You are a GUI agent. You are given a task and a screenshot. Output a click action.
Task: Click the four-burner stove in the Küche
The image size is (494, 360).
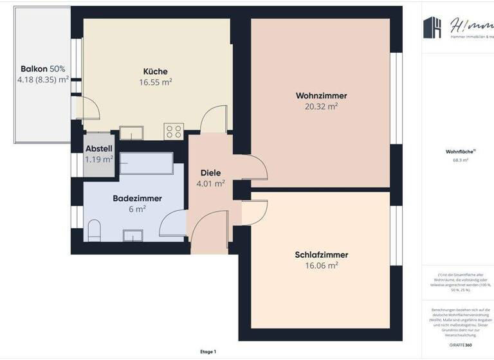(x=174, y=131)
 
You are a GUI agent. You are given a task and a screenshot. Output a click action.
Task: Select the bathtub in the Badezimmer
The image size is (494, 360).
(x=146, y=164)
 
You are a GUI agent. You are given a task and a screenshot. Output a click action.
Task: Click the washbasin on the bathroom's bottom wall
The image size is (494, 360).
(x=133, y=236)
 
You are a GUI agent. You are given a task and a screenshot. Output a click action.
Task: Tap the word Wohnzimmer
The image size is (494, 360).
(x=316, y=96)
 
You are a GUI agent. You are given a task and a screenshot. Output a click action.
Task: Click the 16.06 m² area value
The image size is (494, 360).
(x=316, y=265)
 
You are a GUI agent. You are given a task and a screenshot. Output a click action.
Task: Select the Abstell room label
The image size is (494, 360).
(x=99, y=148)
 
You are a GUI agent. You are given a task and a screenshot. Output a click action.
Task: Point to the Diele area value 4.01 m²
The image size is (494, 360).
(x=210, y=184)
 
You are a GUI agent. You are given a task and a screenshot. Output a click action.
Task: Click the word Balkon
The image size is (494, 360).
(x=33, y=69)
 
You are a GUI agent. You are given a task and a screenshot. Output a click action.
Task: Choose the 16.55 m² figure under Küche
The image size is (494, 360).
(x=155, y=82)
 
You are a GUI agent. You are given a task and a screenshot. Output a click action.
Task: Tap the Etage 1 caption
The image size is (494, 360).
(x=208, y=352)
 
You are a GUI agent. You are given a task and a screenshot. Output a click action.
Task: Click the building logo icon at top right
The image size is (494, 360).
(x=432, y=27)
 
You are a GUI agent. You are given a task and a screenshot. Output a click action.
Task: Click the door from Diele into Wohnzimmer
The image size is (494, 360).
(x=254, y=168)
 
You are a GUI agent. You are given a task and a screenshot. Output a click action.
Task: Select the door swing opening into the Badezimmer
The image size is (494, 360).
(x=172, y=226)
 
